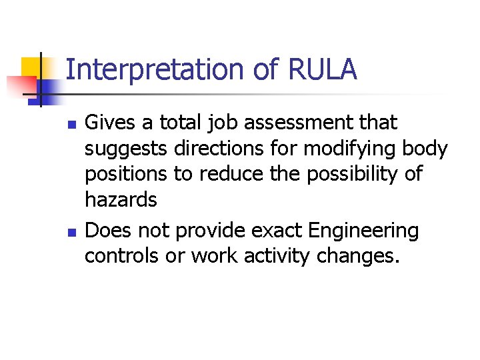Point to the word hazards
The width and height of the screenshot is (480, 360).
pos(121,200)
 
